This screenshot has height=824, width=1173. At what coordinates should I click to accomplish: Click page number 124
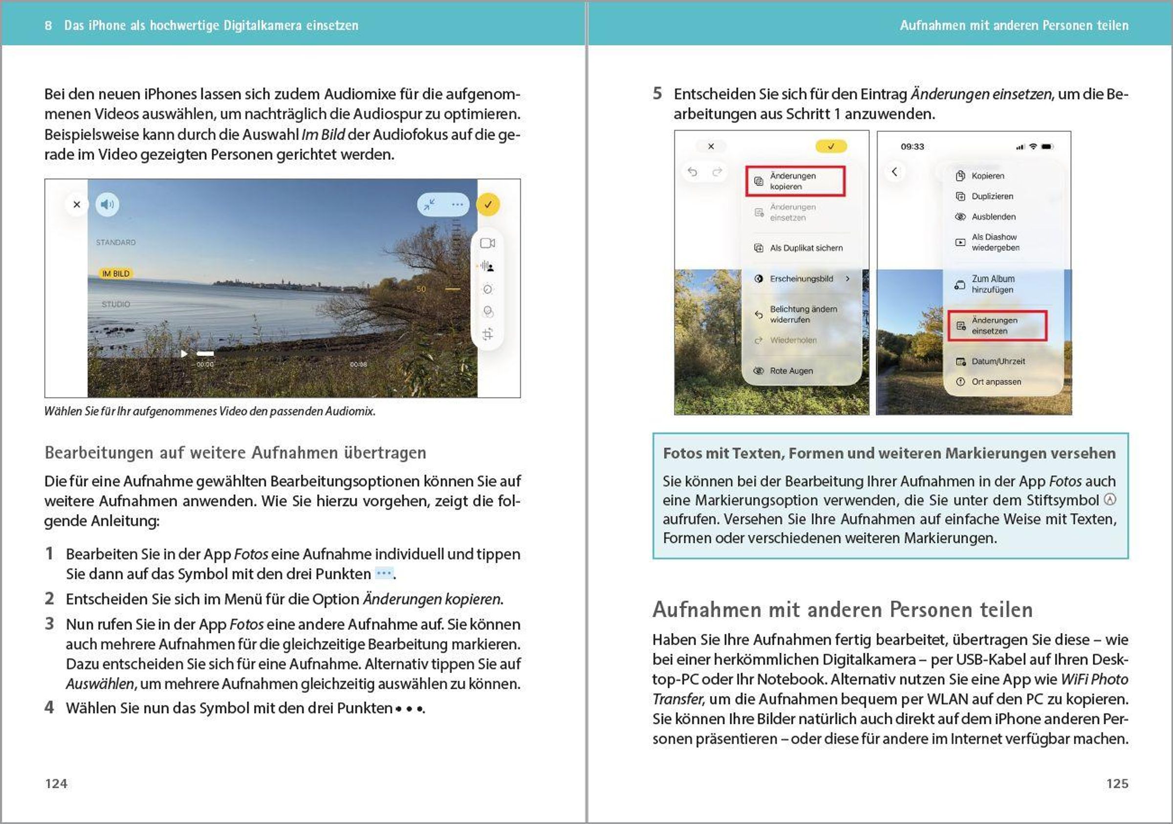pyautogui.click(x=56, y=783)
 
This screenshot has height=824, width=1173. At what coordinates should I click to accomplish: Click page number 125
pyautogui.click(x=1117, y=783)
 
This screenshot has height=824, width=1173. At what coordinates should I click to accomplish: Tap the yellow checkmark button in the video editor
pyautogui.click(x=488, y=205)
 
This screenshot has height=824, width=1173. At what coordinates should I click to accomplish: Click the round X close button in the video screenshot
pyautogui.click(x=77, y=205)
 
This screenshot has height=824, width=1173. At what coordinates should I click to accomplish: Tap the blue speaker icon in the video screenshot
pyautogui.click(x=108, y=205)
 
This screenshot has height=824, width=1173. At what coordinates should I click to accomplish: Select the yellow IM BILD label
pyautogui.click(x=116, y=274)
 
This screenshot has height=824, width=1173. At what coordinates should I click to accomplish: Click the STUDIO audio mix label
pyautogui.click(x=116, y=304)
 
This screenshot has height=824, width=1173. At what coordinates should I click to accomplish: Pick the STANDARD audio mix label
pyautogui.click(x=116, y=242)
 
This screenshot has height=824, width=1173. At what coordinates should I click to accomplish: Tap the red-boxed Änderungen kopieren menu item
pyautogui.click(x=795, y=181)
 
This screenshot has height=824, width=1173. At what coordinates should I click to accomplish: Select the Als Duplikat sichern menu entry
pyautogui.click(x=805, y=248)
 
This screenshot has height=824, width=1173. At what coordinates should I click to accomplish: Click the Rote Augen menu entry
pyautogui.click(x=791, y=371)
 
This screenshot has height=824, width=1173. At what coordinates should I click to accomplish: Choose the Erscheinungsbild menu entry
pyautogui.click(x=801, y=279)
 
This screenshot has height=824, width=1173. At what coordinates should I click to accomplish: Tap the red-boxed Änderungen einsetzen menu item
pyautogui.click(x=997, y=326)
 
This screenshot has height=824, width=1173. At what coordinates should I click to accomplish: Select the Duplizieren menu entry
pyautogui.click(x=992, y=196)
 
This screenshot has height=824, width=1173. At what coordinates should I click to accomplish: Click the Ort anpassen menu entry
pyautogui.click(x=996, y=382)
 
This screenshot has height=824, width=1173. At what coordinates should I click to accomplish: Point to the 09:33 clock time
pyautogui.click(x=912, y=147)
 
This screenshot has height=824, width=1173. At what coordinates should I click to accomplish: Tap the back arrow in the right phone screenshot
pyautogui.click(x=894, y=171)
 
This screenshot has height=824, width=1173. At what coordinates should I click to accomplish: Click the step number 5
pyautogui.click(x=657, y=93)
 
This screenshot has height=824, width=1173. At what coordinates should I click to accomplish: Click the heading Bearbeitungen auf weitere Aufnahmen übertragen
pyautogui.click(x=235, y=453)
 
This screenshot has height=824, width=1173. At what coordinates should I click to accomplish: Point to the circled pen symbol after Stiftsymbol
pyautogui.click(x=1110, y=500)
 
